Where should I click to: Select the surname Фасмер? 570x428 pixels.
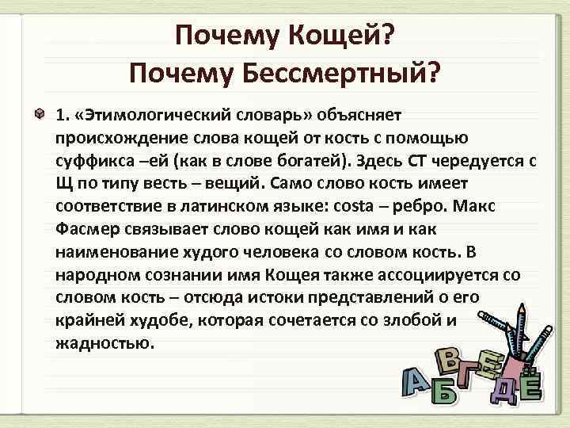89,229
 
